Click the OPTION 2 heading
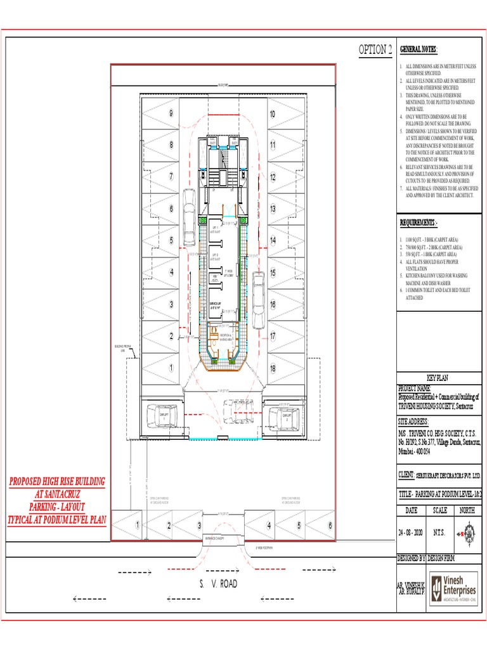tap(375, 50)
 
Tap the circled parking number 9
tap(171, 113)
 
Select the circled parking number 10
tap(272, 114)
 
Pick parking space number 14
tap(272, 240)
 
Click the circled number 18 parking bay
tap(272, 368)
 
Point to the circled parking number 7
tap(171, 176)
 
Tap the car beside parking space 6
tap(189, 209)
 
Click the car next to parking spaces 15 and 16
tap(258, 292)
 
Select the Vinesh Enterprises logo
tap(453, 588)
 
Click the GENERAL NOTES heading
tap(419, 50)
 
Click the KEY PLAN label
tap(437, 376)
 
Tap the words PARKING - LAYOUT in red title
tap(57, 507)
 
